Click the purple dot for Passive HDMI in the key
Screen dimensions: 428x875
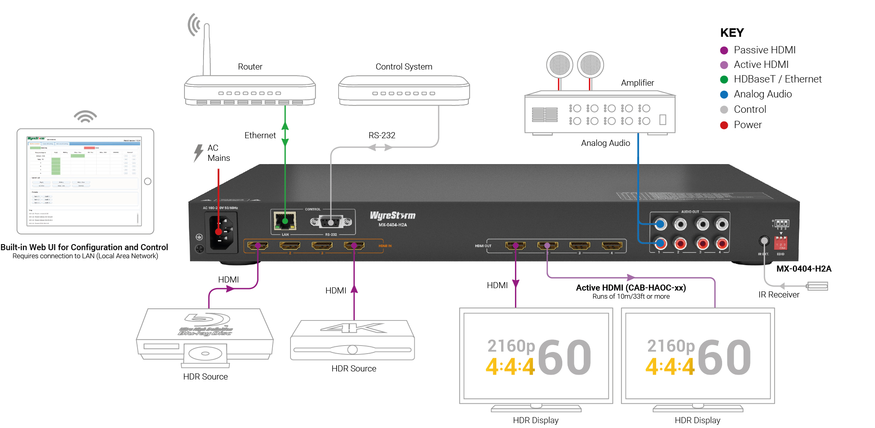(x=724, y=51)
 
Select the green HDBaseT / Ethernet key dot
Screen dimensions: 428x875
(x=724, y=80)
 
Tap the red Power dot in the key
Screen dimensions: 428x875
(x=724, y=125)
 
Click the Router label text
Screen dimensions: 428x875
(x=250, y=67)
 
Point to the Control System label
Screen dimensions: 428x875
(x=404, y=67)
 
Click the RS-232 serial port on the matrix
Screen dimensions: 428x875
(x=331, y=222)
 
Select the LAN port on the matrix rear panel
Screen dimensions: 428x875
(x=285, y=221)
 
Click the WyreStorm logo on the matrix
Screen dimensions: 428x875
(x=392, y=215)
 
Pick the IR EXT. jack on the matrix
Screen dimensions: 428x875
(x=764, y=241)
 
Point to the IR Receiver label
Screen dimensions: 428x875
(x=779, y=295)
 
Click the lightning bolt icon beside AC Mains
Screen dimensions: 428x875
(x=198, y=153)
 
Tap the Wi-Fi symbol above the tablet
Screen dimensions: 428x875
(x=85, y=116)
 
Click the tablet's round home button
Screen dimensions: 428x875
(x=148, y=181)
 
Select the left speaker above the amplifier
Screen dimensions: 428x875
(x=559, y=65)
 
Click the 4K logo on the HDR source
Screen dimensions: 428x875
(x=353, y=328)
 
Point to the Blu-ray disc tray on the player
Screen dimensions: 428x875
(x=205, y=353)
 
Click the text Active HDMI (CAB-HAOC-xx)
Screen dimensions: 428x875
(x=631, y=288)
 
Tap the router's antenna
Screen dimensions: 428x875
(x=207, y=48)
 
